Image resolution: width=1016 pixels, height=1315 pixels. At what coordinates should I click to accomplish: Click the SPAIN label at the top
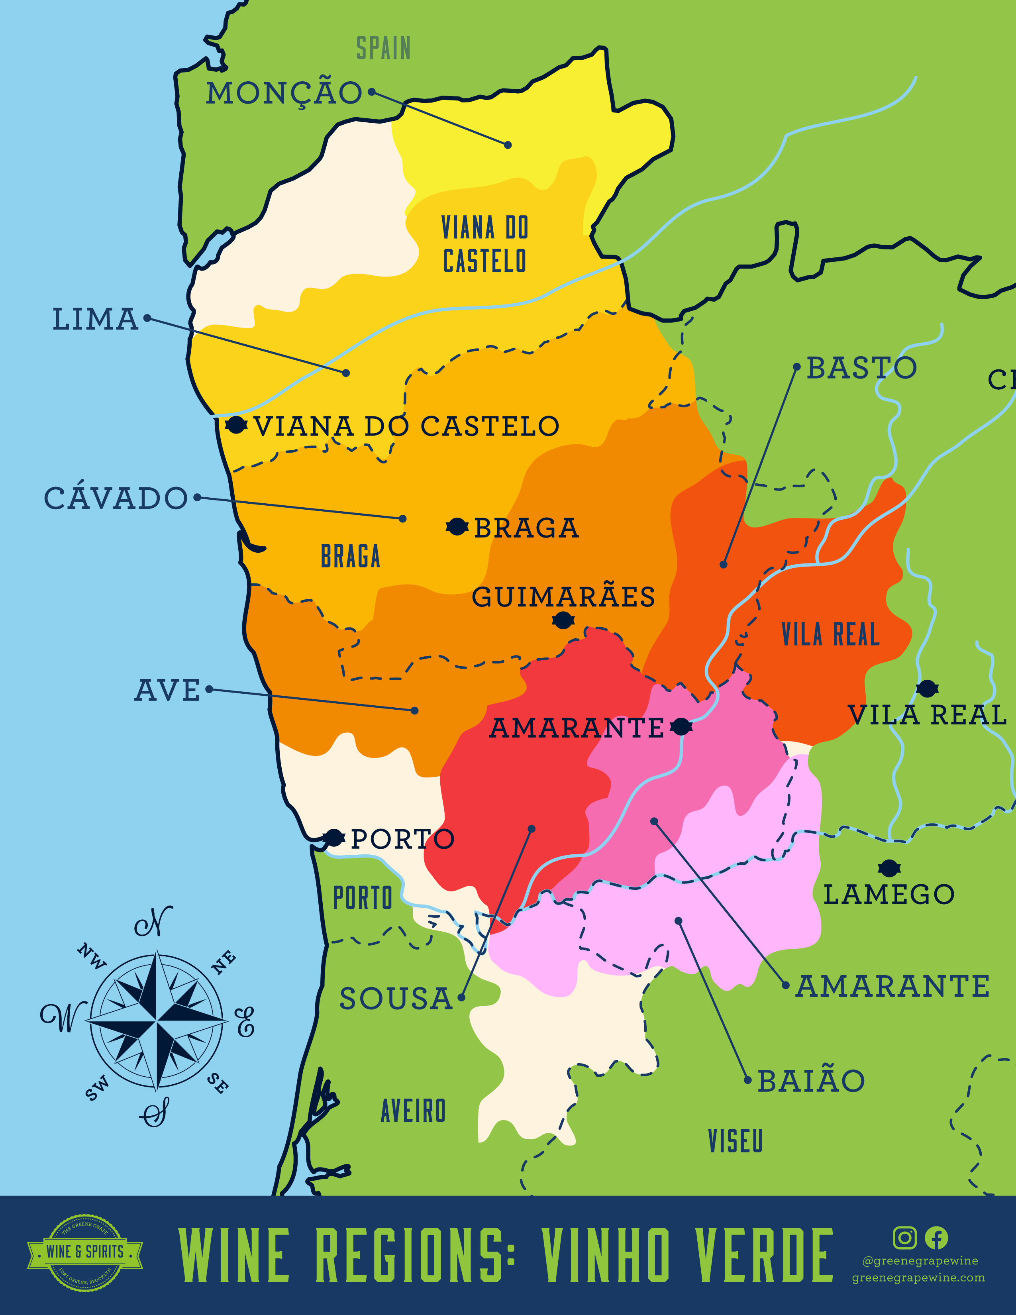(383, 48)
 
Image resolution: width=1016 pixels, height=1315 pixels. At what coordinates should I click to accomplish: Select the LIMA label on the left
(96, 319)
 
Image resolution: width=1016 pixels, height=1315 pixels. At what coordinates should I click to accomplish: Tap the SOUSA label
(396, 999)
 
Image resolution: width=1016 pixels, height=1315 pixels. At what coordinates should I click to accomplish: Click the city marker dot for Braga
(457, 527)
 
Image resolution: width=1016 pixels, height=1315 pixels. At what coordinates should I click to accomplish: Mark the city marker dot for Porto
(333, 838)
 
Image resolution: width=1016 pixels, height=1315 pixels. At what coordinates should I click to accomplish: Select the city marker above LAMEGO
(889, 868)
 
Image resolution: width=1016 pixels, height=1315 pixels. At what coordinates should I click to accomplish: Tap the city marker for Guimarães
(563, 620)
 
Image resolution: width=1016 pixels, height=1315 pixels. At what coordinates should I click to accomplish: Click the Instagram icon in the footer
(904, 1238)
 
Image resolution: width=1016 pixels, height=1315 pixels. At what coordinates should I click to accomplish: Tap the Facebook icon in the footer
(936, 1238)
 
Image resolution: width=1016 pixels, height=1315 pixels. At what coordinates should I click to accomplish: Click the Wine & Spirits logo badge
(85, 1252)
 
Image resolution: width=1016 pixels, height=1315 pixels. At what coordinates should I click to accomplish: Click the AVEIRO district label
(414, 1111)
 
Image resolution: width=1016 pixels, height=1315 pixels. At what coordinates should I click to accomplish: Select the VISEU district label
(735, 1141)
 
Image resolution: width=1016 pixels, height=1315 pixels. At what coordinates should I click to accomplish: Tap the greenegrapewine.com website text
(918, 1278)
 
